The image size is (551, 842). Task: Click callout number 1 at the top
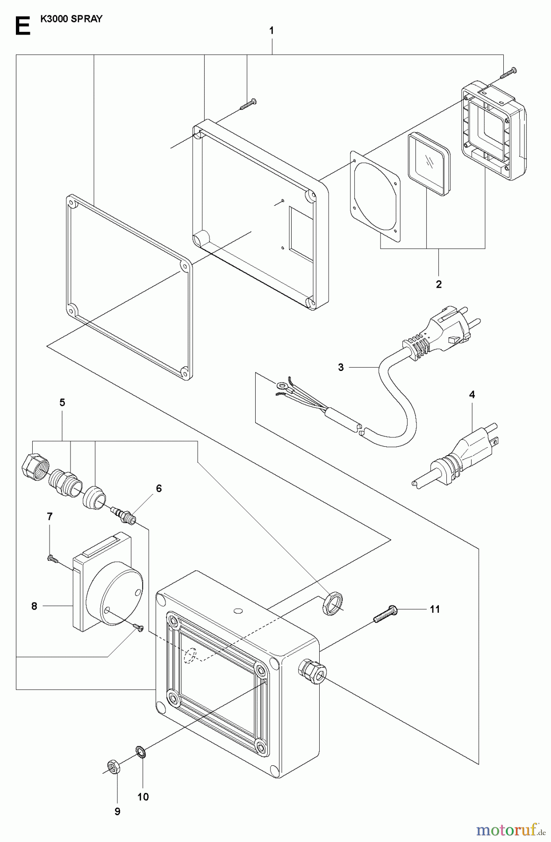272,31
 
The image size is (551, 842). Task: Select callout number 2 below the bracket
438,284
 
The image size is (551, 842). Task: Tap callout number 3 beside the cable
341,368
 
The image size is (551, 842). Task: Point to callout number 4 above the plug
472,395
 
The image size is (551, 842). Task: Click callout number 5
62,402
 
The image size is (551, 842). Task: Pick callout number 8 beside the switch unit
34,606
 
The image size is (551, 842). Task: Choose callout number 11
435,609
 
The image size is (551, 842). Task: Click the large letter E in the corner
22,26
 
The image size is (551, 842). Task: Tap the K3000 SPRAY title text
72,20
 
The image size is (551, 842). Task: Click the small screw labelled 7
52,558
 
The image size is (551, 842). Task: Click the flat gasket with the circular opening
375,196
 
